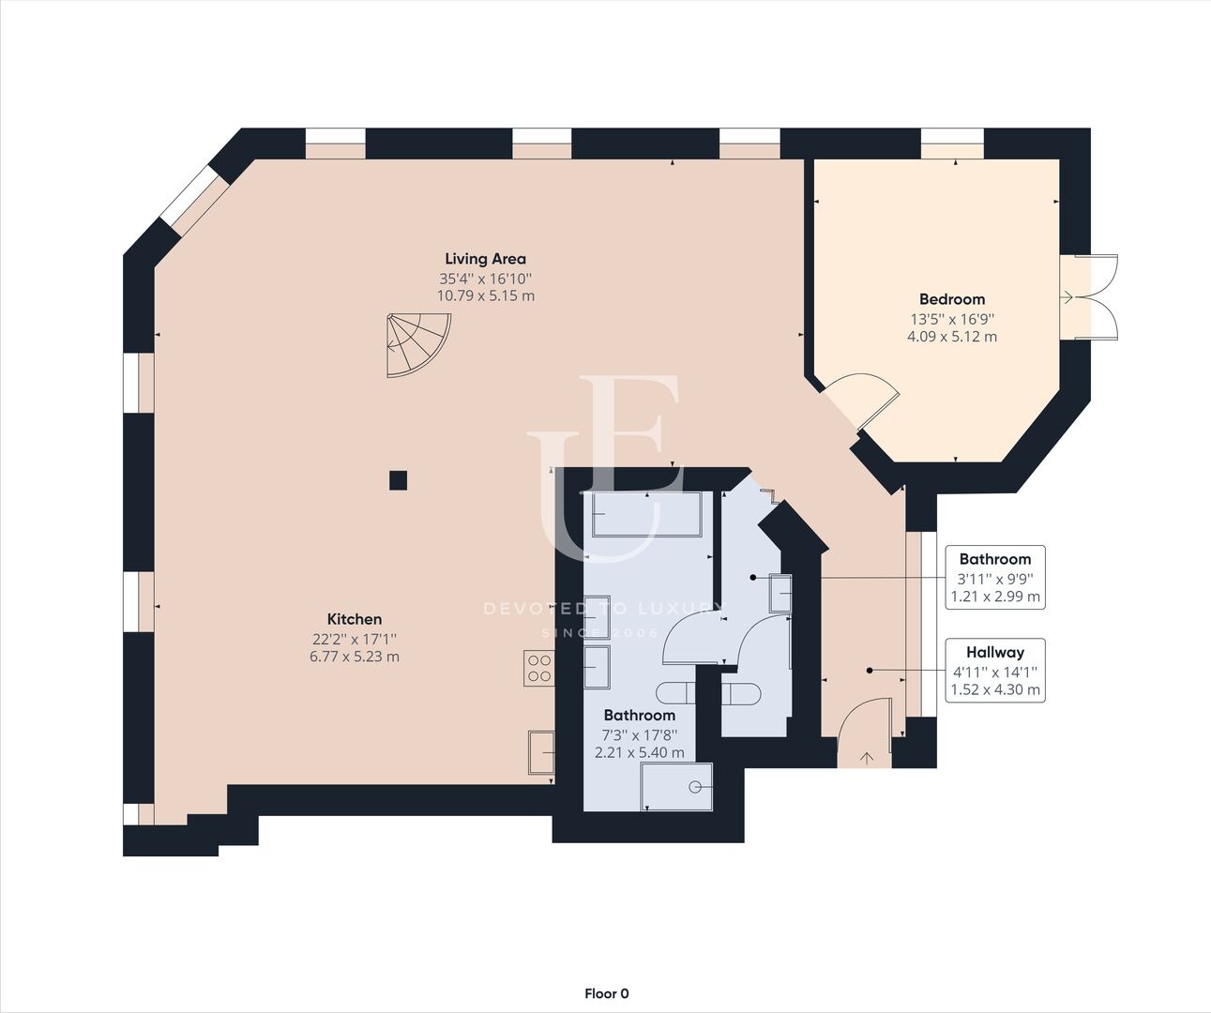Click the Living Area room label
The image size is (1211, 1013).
point(486,259)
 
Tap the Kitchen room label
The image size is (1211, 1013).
point(355,619)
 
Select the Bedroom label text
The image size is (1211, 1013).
point(952,299)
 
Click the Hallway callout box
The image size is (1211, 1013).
point(995,671)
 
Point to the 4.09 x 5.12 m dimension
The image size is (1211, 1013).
point(952,337)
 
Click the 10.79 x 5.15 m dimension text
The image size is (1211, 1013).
point(486,295)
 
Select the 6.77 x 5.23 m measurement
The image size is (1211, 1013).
point(355,657)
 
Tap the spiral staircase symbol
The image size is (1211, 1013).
point(418,345)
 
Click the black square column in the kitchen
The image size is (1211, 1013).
point(398,480)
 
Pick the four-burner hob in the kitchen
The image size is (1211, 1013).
point(539,668)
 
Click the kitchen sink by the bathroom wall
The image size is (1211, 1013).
point(541,752)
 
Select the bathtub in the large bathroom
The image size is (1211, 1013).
point(646,514)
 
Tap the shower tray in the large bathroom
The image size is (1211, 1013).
point(677,787)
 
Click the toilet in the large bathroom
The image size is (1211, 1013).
point(674,693)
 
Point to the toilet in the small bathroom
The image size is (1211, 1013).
point(741,693)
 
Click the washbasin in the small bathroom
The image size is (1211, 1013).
point(780,593)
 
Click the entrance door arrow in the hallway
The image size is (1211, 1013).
point(867,758)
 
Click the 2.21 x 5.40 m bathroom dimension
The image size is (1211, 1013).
point(640,752)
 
